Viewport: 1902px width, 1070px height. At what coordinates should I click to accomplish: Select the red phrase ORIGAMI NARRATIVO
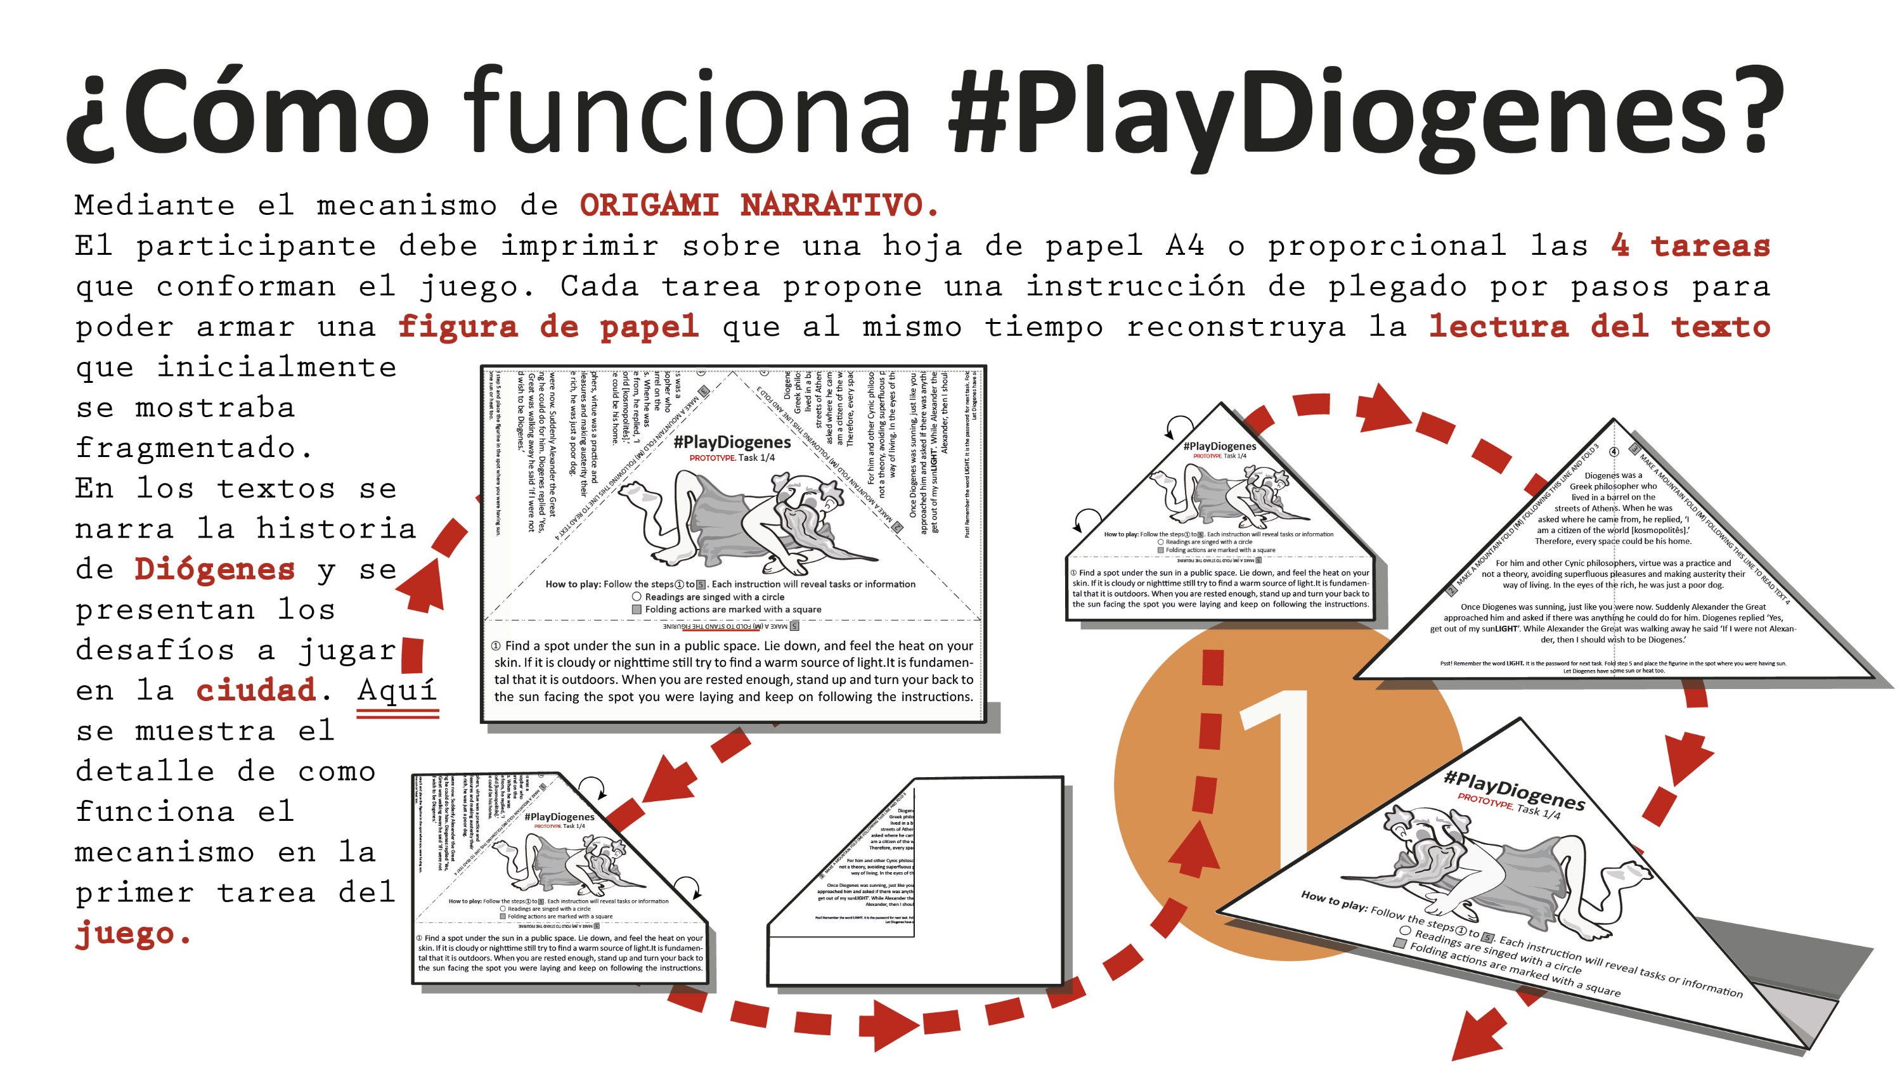[759, 205]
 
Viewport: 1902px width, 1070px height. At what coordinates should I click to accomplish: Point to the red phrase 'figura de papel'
[548, 327]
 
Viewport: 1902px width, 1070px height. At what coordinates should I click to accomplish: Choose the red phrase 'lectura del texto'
[1598, 327]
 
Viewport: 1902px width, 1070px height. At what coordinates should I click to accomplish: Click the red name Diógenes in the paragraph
[214, 569]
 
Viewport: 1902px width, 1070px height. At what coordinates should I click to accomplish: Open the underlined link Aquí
[398, 690]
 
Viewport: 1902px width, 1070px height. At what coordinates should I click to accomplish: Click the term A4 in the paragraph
[1185, 246]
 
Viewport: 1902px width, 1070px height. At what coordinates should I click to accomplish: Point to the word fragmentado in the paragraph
[194, 448]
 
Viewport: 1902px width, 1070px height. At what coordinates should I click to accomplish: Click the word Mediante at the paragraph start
[155, 205]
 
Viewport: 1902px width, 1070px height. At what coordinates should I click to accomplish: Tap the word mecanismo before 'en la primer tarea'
[164, 853]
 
